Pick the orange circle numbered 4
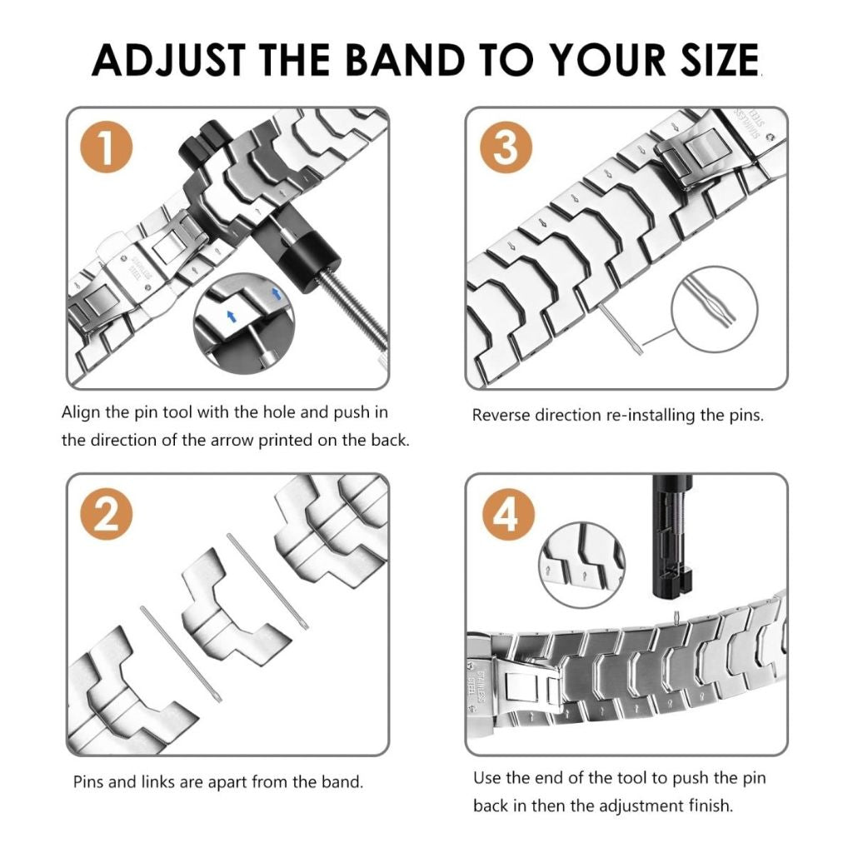[x=505, y=516]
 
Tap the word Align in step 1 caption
[x=82, y=412]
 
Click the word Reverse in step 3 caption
[x=501, y=415]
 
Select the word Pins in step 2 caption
[x=89, y=782]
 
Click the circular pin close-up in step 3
[x=714, y=310]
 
